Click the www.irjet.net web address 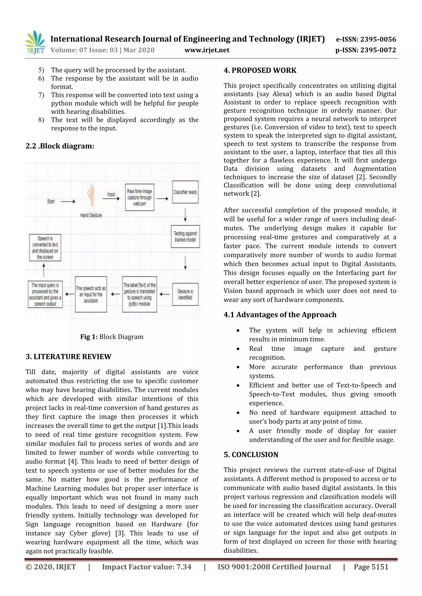(207, 50)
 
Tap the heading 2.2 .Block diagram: (60, 146)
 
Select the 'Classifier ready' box (185, 192)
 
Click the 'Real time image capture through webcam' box (139, 197)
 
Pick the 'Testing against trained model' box (185, 236)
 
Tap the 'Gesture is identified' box (185, 294)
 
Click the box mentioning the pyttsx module (139, 294)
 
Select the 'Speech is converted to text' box (45, 248)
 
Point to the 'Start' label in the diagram (51, 201)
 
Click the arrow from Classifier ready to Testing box (185, 214)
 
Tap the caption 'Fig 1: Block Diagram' (112, 337)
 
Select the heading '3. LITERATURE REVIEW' (68, 357)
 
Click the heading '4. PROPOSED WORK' (260, 70)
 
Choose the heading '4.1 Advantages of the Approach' (280, 315)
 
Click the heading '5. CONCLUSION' (251, 455)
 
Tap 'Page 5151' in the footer (371, 567)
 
